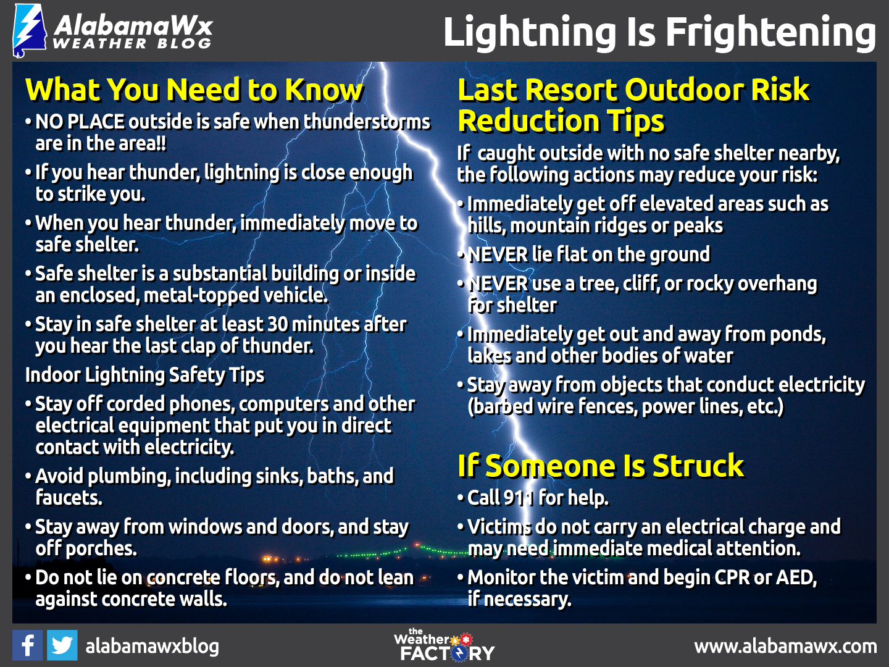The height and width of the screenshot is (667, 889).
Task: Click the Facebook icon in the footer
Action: click(x=27, y=645)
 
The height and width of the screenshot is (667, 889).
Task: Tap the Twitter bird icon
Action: click(x=62, y=645)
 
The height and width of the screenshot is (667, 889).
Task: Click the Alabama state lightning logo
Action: click(x=29, y=31)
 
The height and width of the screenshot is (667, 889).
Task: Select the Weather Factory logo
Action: click(x=444, y=645)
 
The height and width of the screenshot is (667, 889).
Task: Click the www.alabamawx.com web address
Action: click(x=785, y=646)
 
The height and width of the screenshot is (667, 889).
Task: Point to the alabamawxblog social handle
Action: click(x=152, y=647)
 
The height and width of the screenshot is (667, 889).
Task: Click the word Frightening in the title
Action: click(x=771, y=32)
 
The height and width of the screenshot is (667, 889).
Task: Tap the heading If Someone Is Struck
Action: click(x=601, y=466)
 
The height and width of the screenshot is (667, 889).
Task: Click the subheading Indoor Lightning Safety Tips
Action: click(x=144, y=375)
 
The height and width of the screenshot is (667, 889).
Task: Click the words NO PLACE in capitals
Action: click(x=80, y=122)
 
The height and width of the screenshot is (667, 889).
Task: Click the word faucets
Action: click(x=69, y=498)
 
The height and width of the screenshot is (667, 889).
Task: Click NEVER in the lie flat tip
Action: click(x=498, y=254)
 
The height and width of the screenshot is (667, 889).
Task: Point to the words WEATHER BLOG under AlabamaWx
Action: click(x=131, y=44)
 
